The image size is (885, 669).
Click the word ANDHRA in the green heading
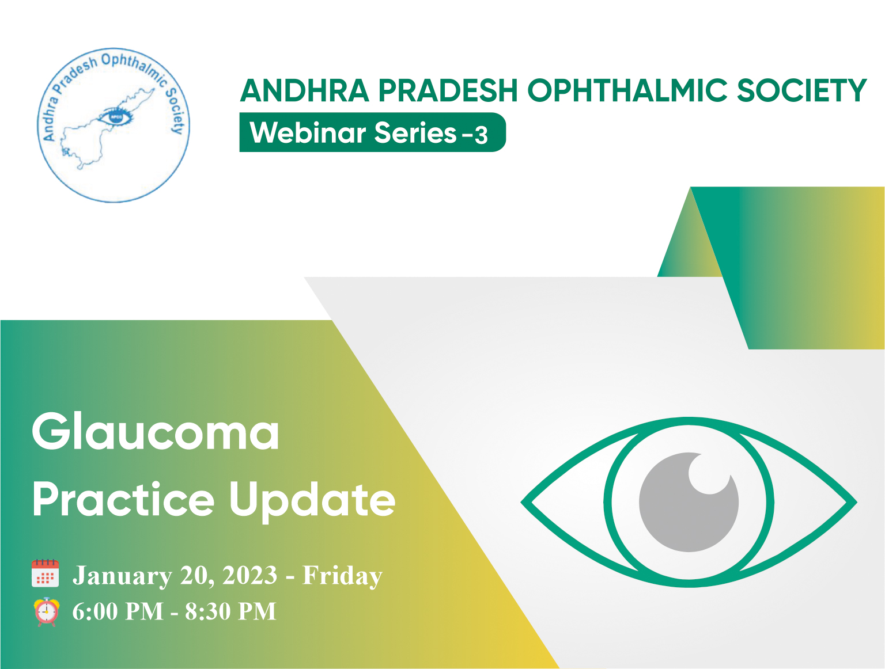pyautogui.click(x=305, y=90)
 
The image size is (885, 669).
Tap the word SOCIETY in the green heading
pyautogui.click(x=801, y=90)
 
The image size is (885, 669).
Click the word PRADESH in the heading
pyautogui.click(x=448, y=90)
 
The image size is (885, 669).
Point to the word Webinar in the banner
pyautogui.click(x=308, y=132)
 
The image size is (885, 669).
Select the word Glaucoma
pyautogui.click(x=156, y=431)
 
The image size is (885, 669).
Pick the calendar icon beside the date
pyautogui.click(x=45, y=573)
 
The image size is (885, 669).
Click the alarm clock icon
pyautogui.click(x=47, y=611)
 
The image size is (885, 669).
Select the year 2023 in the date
pyautogui.click(x=250, y=575)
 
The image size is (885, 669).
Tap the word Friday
pyautogui.click(x=342, y=576)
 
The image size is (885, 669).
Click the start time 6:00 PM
pyautogui.click(x=118, y=611)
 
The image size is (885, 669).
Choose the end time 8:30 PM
pyautogui.click(x=230, y=611)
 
